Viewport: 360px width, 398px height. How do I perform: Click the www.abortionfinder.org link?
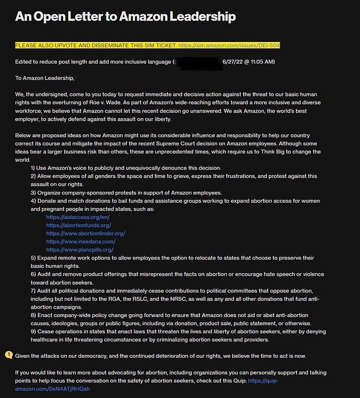(x=85, y=233)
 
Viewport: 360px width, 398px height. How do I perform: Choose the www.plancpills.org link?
(x=79, y=249)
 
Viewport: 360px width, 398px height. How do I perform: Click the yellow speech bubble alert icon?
(x=8, y=355)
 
